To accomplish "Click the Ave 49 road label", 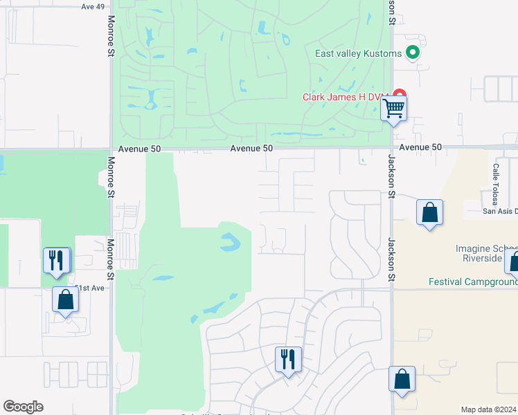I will [x=93, y=6].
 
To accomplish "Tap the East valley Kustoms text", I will [x=358, y=53].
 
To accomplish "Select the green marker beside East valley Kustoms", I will [x=413, y=53].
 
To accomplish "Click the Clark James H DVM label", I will [x=343, y=97].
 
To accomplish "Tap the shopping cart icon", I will [x=393, y=109].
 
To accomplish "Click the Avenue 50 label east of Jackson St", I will [x=420, y=147].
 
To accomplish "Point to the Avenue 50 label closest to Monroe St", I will [x=139, y=148].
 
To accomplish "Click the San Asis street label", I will [x=499, y=211].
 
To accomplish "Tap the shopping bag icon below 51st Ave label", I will [x=65, y=300].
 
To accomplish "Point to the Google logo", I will [x=23, y=407].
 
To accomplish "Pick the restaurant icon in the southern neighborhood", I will [x=288, y=360].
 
